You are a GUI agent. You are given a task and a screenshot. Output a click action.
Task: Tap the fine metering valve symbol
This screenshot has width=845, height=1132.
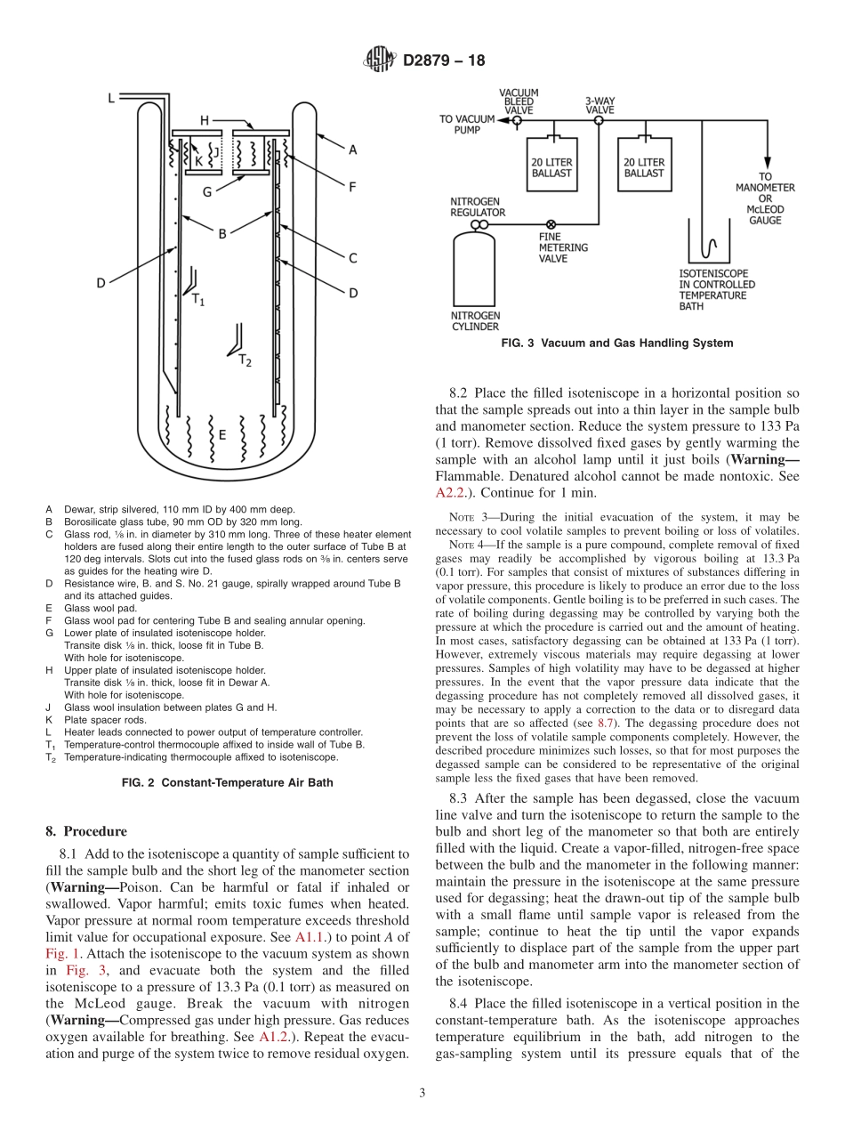pyautogui.click(x=551, y=224)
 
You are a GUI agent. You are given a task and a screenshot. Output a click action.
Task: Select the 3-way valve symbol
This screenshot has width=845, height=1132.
pyautogui.click(x=598, y=117)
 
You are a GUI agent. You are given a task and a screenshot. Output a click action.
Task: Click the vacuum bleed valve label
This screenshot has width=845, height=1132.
pyautogui.click(x=518, y=101)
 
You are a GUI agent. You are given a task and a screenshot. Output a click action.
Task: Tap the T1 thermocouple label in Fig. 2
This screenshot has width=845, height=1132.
pyautogui.click(x=198, y=300)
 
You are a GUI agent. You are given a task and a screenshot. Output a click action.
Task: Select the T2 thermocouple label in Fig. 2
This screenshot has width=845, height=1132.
pyautogui.click(x=245, y=360)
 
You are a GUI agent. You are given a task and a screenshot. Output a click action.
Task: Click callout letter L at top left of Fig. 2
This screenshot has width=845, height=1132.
pyautogui.click(x=110, y=99)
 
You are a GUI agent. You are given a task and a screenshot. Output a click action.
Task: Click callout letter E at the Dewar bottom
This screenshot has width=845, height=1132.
pyautogui.click(x=221, y=435)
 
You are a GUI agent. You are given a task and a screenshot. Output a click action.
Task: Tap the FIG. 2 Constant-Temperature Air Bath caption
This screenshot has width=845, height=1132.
pyautogui.click(x=227, y=782)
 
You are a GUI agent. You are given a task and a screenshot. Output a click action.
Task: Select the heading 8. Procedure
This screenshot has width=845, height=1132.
pyautogui.click(x=85, y=831)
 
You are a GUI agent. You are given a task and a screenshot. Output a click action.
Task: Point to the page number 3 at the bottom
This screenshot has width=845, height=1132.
pyautogui.click(x=422, y=1093)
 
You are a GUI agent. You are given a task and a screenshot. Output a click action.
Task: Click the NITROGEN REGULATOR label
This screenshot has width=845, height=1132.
pyautogui.click(x=478, y=207)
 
